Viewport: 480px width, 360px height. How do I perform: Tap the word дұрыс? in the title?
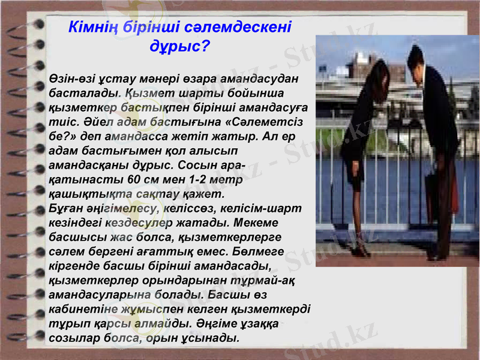click(179, 46)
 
